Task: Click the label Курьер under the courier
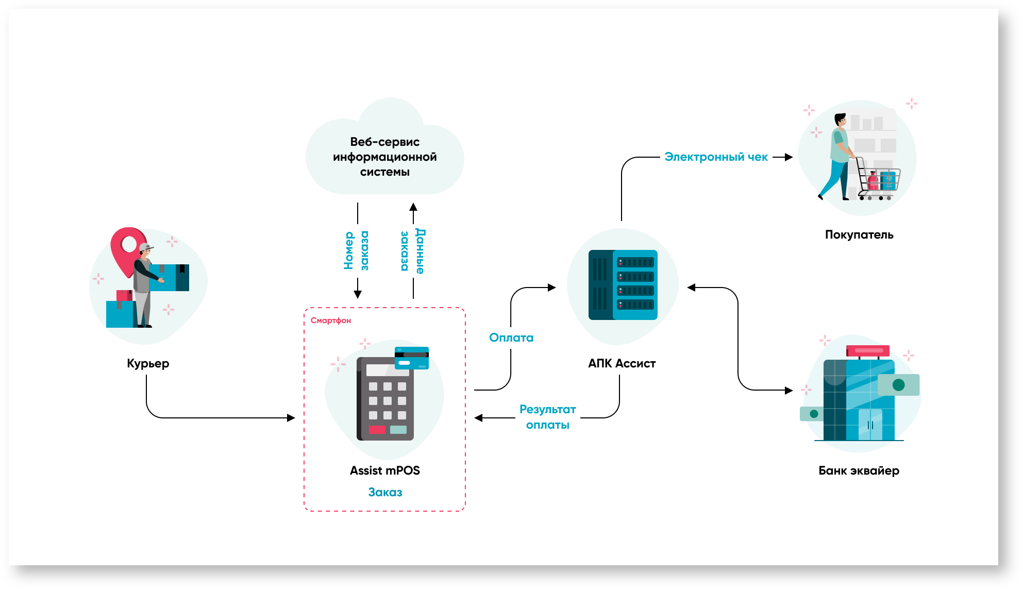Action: [x=148, y=363]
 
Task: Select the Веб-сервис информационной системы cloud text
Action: [x=384, y=157]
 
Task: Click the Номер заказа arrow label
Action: [x=356, y=250]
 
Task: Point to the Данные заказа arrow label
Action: [x=413, y=251]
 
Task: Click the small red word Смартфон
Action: [x=330, y=321]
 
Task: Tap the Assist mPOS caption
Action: [x=384, y=470]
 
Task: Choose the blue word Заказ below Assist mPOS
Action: [x=385, y=492]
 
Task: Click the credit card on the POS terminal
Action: [x=411, y=358]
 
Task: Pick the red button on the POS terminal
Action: [x=377, y=429]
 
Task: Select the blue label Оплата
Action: [x=511, y=338]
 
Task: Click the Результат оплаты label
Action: [x=547, y=417]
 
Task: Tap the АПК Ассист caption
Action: [x=622, y=363]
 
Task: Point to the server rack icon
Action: [x=623, y=285]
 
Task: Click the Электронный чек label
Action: [x=716, y=157]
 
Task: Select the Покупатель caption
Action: [x=859, y=234]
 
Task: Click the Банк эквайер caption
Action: [x=859, y=470]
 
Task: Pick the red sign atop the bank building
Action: [x=868, y=351]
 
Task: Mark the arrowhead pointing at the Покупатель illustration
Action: [x=789, y=157]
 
